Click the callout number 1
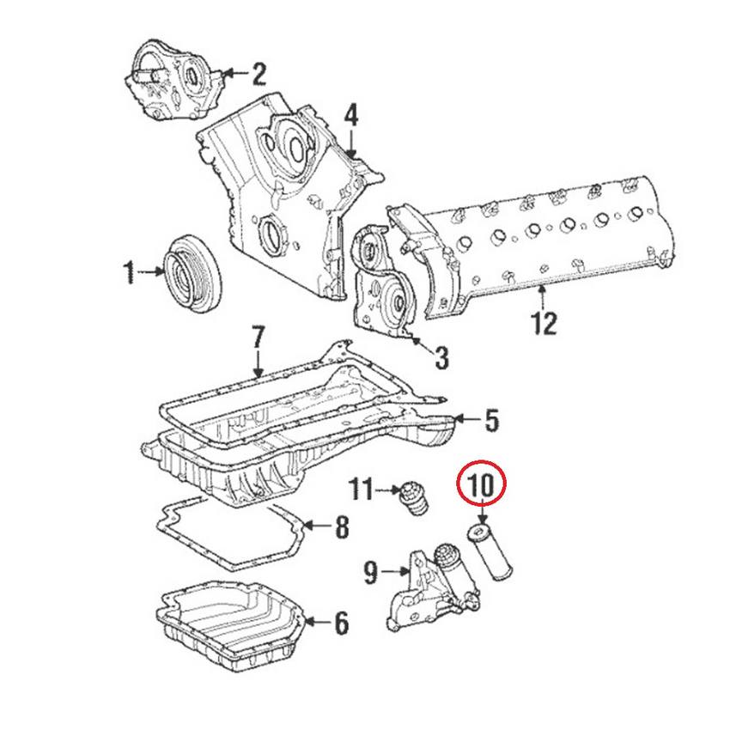128,274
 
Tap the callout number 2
259,75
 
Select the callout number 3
441,357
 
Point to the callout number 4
351,114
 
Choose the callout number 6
341,623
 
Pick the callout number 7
257,337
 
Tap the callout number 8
341,526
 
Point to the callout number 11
362,490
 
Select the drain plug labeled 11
413,499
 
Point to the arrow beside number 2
233,75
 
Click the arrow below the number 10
482,518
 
